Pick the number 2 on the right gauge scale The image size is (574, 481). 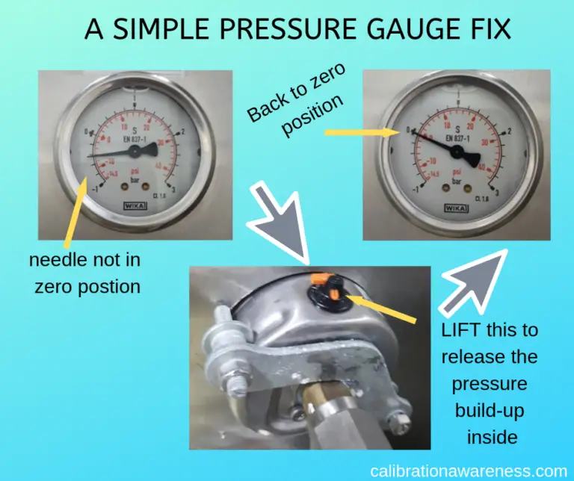509,131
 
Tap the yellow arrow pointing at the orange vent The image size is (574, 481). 381,311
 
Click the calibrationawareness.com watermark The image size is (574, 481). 469,471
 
